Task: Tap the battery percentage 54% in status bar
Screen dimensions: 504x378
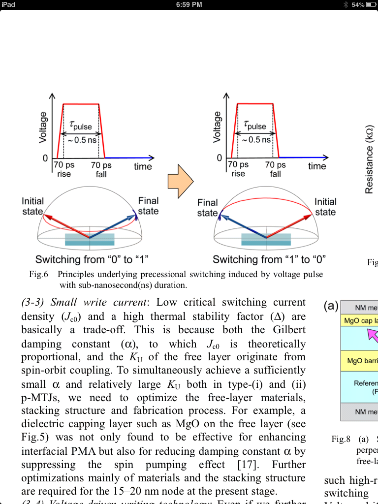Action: tap(358, 4)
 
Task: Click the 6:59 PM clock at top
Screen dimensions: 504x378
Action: tap(189, 4)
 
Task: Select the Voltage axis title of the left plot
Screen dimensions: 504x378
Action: tap(43, 127)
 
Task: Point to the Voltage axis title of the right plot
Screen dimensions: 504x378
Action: tap(217, 127)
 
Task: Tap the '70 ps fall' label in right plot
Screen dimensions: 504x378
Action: tap(276, 169)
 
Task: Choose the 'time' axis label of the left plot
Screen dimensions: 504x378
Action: tap(143, 167)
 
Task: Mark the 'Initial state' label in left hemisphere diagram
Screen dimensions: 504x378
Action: tap(32, 206)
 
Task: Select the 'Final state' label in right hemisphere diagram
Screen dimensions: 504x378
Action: tap(207, 208)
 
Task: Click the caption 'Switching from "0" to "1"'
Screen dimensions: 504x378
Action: tap(92, 259)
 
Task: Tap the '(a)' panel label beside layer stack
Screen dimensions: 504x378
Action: tap(331, 306)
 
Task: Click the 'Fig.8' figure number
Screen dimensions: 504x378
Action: tap(341, 439)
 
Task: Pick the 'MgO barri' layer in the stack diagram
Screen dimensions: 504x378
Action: tap(362, 361)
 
